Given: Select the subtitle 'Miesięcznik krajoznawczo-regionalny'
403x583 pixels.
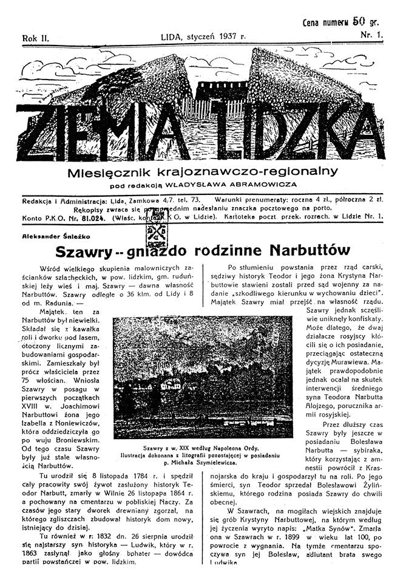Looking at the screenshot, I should click(202, 172).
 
